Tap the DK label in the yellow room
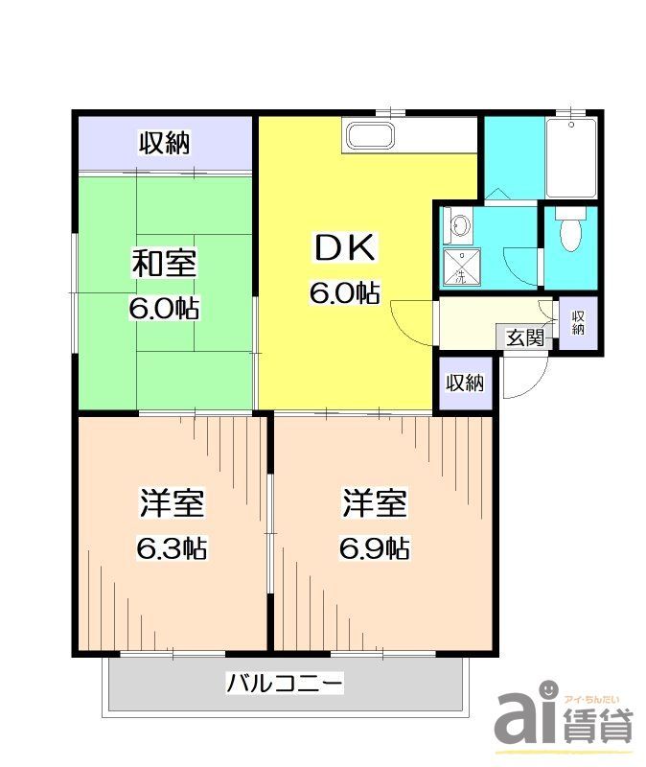[x=345, y=248]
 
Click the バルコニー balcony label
[x=285, y=685]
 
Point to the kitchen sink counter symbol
[x=368, y=136]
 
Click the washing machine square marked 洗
[x=460, y=268]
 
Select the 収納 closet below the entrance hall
[x=465, y=383]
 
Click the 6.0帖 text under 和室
[x=164, y=309]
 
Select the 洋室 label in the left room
[x=173, y=504]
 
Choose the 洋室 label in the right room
[x=377, y=504]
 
